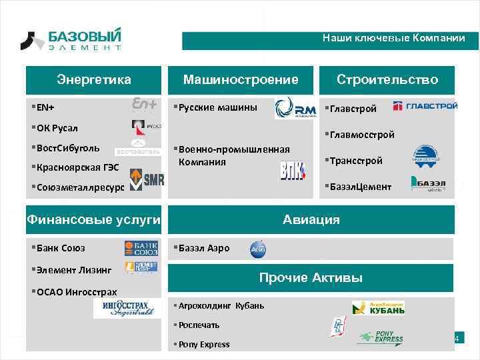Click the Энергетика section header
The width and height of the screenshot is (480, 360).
pyautogui.click(x=94, y=80)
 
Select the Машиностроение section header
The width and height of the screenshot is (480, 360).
pyautogui.click(x=241, y=80)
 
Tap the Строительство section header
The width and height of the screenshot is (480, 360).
pyautogui.click(x=387, y=80)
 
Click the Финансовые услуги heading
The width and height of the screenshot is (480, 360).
pyautogui.click(x=93, y=219)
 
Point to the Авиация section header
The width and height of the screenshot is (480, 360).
pyautogui.click(x=311, y=219)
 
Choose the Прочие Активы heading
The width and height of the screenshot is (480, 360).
pyautogui.click(x=311, y=277)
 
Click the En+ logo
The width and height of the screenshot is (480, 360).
pyautogui.click(x=145, y=105)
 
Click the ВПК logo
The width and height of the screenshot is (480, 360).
pyautogui.click(x=293, y=171)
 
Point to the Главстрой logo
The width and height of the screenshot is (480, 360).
pyautogui.click(x=425, y=105)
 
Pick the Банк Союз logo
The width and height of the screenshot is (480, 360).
pyautogui.click(x=141, y=249)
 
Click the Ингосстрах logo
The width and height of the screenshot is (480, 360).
pyautogui.click(x=128, y=308)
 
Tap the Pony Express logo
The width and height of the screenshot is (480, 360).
pyautogui.click(x=381, y=337)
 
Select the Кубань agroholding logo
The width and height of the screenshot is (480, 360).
pyautogui.click(x=378, y=307)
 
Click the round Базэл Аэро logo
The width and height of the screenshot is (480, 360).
pyautogui.click(x=258, y=249)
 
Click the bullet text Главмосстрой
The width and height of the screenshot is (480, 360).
pyautogui.click(x=361, y=135)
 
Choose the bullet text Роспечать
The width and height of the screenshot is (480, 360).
pyautogui.click(x=199, y=325)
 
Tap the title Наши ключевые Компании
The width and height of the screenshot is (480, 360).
pyautogui.click(x=393, y=38)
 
